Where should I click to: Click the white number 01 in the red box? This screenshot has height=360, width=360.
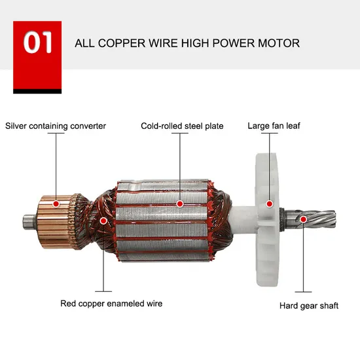click(x=37, y=43)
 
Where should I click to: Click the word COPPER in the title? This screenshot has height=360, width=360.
click(x=122, y=43)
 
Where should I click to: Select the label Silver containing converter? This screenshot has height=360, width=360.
click(x=56, y=126)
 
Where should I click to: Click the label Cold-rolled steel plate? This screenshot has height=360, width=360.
click(x=182, y=126)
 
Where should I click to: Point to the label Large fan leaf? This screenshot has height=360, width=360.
click(x=274, y=126)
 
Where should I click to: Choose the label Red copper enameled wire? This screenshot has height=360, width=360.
click(x=111, y=304)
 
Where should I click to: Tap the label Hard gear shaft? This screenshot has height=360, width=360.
click(x=309, y=306)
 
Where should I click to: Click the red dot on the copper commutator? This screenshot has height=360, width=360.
click(x=56, y=204)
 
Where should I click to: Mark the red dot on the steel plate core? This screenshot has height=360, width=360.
click(x=180, y=204)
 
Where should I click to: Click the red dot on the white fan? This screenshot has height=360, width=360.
click(x=269, y=204)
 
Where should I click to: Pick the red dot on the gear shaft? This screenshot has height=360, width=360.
click(x=303, y=219)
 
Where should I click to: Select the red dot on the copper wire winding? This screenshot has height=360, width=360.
click(x=103, y=221)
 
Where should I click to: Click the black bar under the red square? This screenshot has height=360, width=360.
click(x=37, y=91)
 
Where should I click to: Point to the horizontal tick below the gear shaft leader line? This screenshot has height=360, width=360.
click(x=303, y=292)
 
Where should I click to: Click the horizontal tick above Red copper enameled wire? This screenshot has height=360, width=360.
click(x=103, y=291)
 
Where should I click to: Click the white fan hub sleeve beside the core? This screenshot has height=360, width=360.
click(x=244, y=219)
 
